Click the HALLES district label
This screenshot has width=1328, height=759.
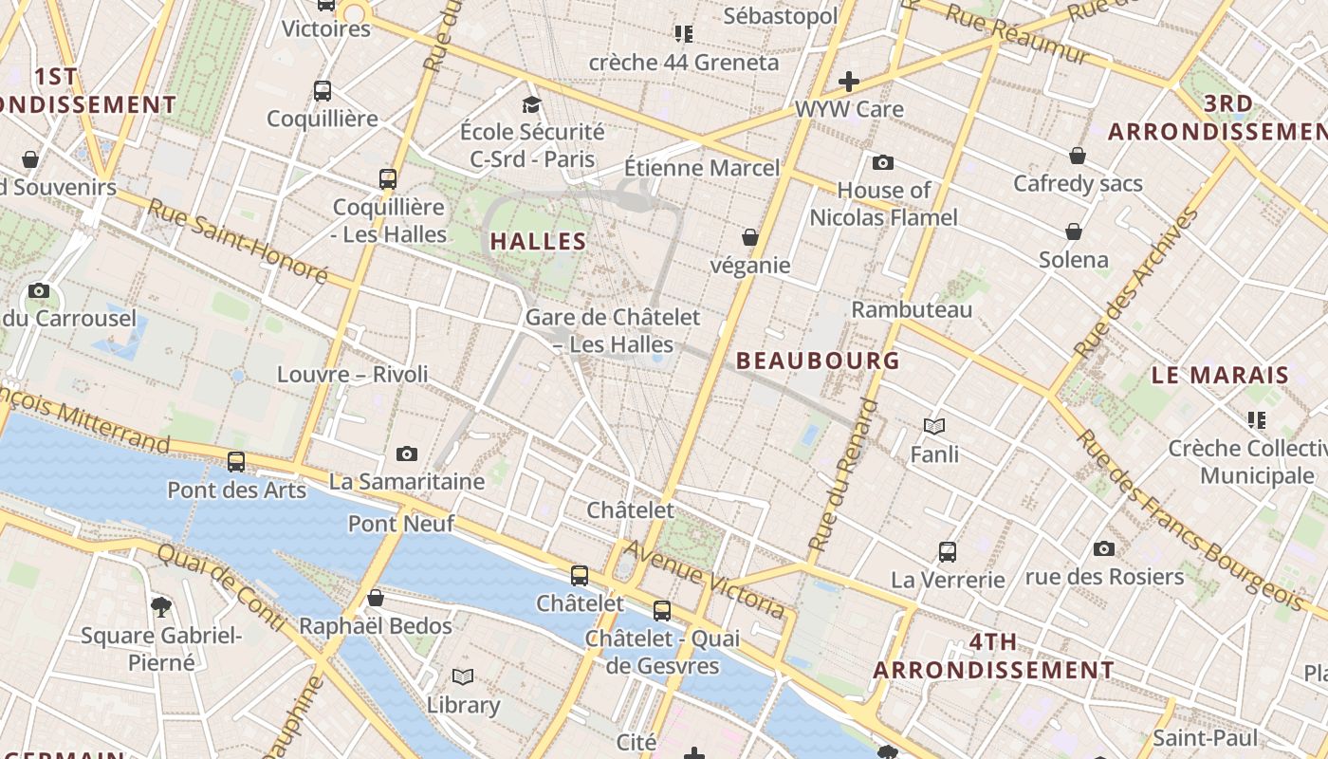tap(538, 241)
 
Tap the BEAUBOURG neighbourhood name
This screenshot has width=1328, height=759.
tap(818, 361)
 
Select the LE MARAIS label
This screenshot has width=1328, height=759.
tap(1220, 375)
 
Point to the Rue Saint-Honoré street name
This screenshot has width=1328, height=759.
tap(238, 241)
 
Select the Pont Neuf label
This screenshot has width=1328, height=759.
tap(401, 523)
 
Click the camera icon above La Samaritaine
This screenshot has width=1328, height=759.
tap(407, 454)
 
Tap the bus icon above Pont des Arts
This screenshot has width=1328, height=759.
tap(236, 462)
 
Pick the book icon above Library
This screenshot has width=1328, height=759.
tap(463, 676)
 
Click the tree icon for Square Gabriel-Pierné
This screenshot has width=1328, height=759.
tap(161, 606)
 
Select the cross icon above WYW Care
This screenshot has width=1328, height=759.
tap(849, 81)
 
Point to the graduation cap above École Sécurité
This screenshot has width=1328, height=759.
tap(531, 104)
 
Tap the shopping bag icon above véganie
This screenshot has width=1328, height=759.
tap(750, 237)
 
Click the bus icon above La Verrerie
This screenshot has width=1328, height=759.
tap(947, 551)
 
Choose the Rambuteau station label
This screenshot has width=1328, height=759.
tap(911, 309)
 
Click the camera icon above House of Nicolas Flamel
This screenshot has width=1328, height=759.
tap(883, 162)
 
